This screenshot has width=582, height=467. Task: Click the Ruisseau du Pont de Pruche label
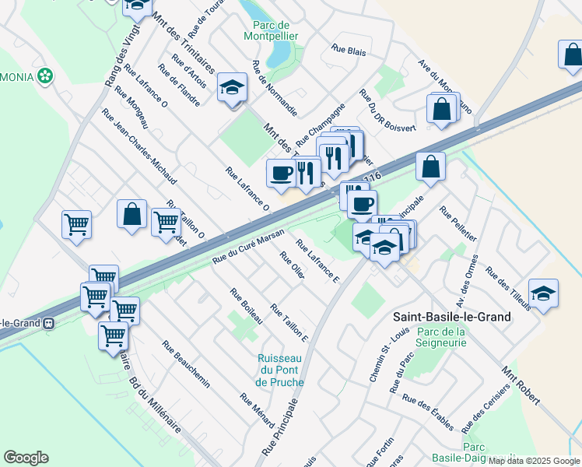pos(278,370)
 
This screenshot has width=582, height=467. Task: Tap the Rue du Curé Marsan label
pos(248,248)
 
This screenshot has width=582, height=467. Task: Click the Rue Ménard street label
pos(257,410)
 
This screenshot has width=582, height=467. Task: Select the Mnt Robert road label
pos(521,385)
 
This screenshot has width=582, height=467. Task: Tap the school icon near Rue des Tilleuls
pos(543,293)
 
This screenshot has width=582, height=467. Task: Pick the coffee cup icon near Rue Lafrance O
pos(280,173)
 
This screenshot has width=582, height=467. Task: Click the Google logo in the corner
pos(26,458)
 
